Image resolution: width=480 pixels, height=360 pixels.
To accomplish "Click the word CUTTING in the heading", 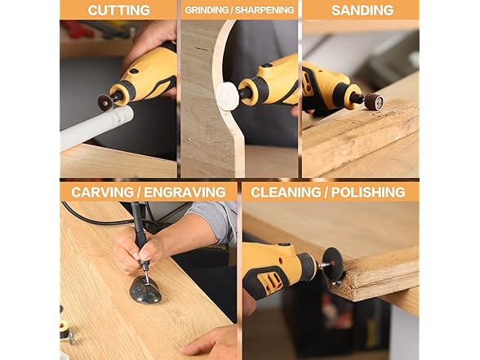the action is pyautogui.click(x=119, y=10).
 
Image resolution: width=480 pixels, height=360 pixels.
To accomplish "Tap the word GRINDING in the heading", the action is pyautogui.click(x=207, y=10).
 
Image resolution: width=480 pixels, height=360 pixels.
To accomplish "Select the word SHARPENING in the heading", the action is pyautogui.click(x=264, y=10).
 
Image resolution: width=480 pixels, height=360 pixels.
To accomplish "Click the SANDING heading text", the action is pyautogui.click(x=362, y=10).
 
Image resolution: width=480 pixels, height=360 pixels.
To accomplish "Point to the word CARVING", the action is pyautogui.click(x=102, y=193).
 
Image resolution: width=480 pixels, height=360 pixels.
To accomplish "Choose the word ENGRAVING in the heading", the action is pyautogui.click(x=184, y=193).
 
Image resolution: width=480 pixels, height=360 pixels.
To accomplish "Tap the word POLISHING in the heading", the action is pyautogui.click(x=368, y=193).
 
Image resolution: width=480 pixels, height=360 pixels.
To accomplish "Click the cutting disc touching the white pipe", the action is pyautogui.click(x=105, y=102).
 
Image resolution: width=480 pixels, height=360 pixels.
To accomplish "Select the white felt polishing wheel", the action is pyautogui.click(x=227, y=93).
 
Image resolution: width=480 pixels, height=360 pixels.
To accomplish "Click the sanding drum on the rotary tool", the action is pyautogui.click(x=374, y=101).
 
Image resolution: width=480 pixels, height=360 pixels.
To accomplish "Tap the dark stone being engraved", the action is pyautogui.click(x=145, y=290).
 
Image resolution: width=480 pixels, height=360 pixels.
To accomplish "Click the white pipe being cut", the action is pyautogui.click(x=97, y=127).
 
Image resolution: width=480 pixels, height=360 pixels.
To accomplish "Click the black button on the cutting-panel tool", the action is pyautogui.click(x=134, y=71).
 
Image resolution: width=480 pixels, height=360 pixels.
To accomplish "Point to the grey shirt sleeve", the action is pyautogui.click(x=214, y=220).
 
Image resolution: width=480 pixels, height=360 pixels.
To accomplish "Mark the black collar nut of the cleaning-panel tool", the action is pyautogui.click(x=307, y=265).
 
